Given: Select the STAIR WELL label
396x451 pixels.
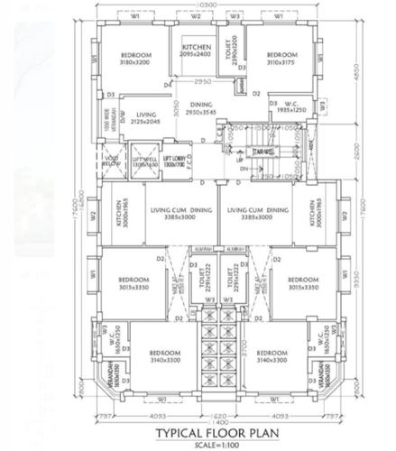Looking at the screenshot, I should [264, 152].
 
